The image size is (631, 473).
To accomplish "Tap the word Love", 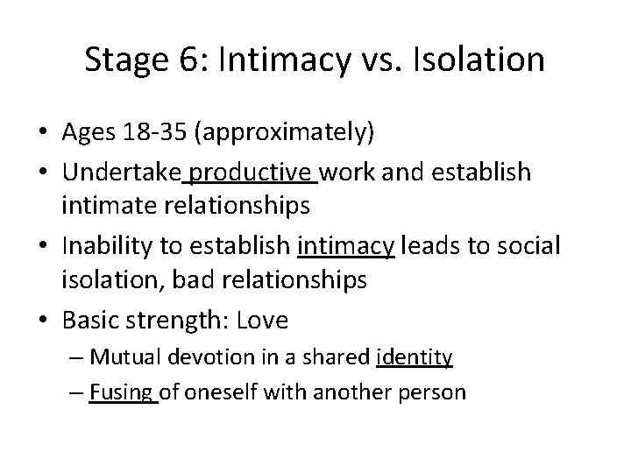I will [261, 321].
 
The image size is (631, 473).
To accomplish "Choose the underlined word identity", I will [414, 357].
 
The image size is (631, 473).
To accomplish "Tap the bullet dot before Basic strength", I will [45, 321].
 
